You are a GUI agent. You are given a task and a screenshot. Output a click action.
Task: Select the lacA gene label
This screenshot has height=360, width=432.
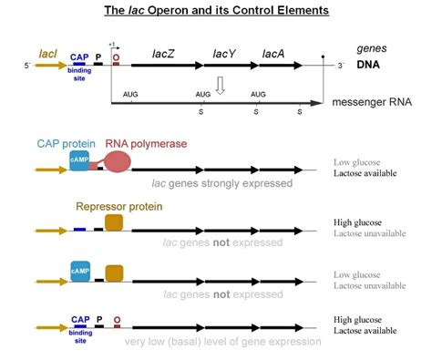click(x=273, y=55)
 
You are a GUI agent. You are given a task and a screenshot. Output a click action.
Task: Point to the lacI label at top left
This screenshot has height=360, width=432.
click(x=47, y=56)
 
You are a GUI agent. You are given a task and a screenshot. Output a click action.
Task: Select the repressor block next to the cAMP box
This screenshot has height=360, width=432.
click(x=114, y=272)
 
